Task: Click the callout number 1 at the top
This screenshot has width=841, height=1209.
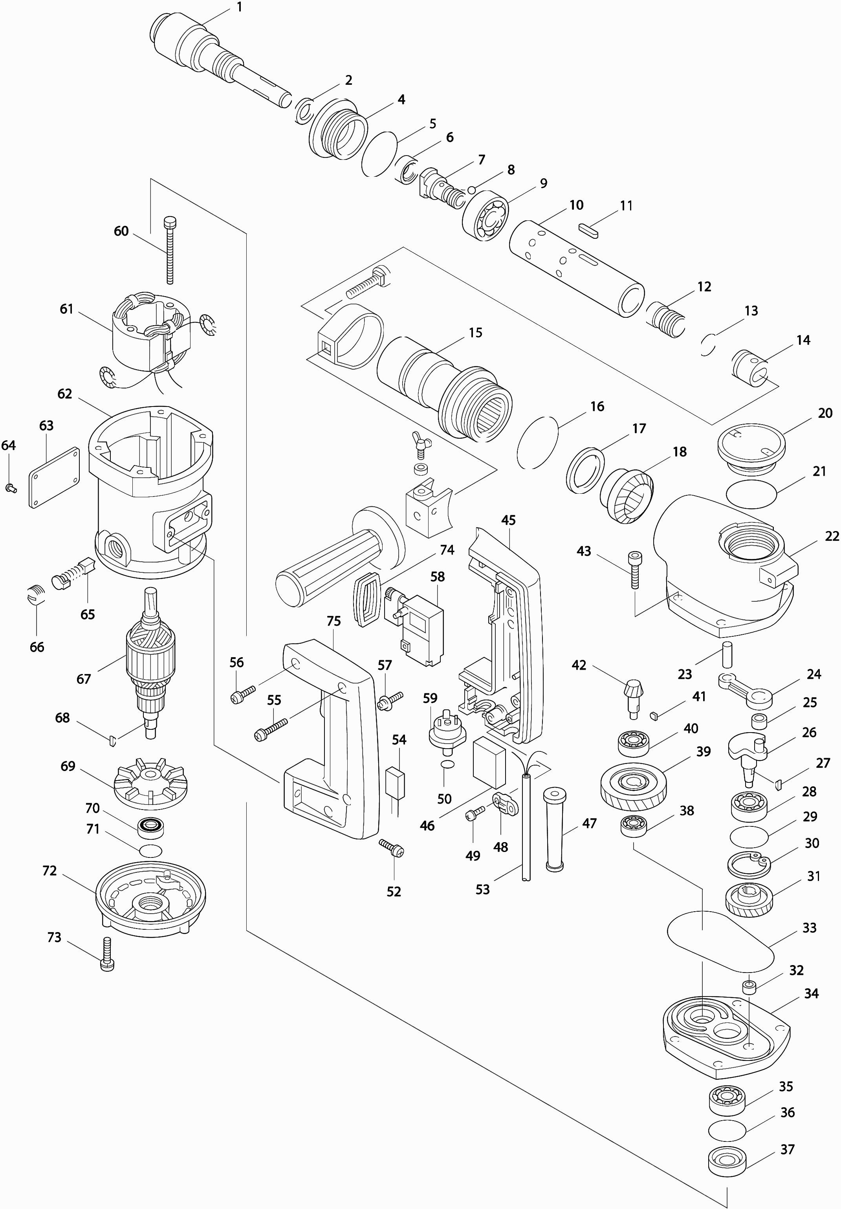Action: [240, 7]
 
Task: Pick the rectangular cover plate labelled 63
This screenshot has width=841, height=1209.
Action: [54, 478]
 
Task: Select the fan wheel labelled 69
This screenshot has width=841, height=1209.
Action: [145, 783]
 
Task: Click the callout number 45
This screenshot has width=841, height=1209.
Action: [508, 520]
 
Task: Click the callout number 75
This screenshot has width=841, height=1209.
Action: [333, 621]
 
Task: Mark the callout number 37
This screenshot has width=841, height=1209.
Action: [787, 1150]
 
